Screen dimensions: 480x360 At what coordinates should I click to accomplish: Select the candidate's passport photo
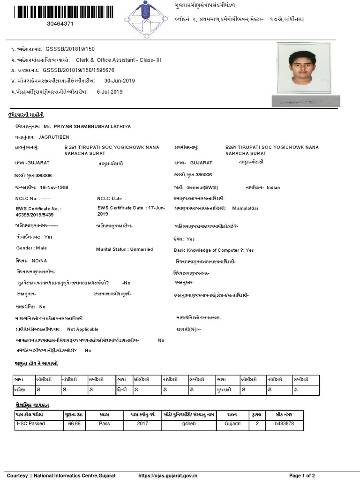tap(303, 68)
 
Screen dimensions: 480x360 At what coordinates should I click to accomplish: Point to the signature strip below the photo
tap(303, 100)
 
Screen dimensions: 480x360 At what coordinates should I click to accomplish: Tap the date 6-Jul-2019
tap(110, 92)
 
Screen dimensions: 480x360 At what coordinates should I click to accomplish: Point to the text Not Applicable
tap(83, 330)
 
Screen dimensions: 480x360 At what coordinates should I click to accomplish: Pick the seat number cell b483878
tap(285, 424)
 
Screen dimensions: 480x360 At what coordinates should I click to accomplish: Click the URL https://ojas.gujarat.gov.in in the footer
tap(168, 476)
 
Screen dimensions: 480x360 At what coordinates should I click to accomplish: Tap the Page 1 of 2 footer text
tap(302, 476)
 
